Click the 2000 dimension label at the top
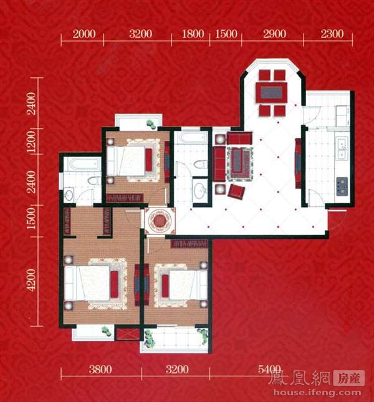(84, 34)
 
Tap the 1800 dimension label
(193, 34)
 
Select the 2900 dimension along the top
(274, 34)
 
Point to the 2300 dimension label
(332, 34)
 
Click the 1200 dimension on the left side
(32, 141)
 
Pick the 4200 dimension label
(32, 280)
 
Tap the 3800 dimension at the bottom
(100, 370)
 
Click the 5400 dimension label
(269, 370)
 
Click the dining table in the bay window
(272, 92)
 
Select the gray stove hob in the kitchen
(342, 186)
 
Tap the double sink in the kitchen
(342, 149)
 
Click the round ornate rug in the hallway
(160, 221)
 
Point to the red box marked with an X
(127, 333)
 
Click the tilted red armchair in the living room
(236, 191)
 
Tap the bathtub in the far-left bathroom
(82, 164)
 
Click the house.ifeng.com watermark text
(317, 393)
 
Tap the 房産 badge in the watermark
(349, 378)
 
